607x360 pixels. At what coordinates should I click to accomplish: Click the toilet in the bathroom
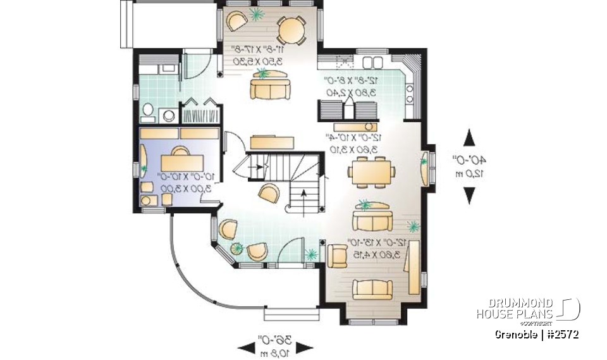[148, 113]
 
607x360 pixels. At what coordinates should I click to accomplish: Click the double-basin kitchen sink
[372, 61]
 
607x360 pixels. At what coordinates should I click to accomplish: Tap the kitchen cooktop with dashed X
[345, 62]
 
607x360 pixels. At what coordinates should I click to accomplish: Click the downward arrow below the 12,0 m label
[469, 196]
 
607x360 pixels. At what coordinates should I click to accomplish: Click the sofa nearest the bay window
[372, 289]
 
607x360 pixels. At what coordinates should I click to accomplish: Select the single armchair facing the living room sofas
[337, 254]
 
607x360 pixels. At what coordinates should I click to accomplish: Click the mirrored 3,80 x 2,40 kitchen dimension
[352, 92]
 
